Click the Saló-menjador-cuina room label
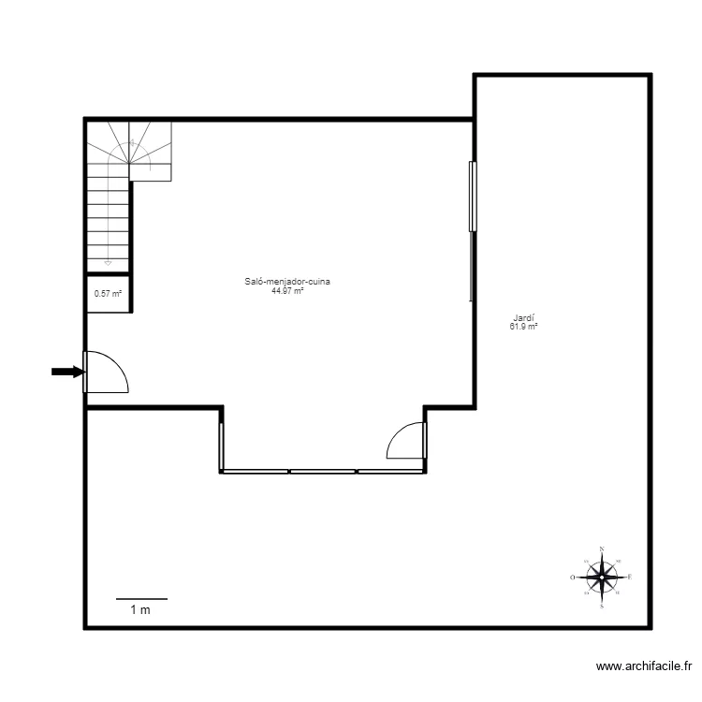[287, 282]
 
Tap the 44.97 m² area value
[287, 291]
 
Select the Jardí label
[523, 317]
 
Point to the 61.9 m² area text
[523, 327]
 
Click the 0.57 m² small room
[108, 293]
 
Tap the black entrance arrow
[66, 372]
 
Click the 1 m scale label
[140, 610]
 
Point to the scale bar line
[141, 598]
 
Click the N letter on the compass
[601, 549]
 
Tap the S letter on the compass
[601, 607]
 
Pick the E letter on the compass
[630, 578]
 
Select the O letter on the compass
[572, 578]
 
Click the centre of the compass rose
[601, 578]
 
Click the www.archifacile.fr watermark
[643, 666]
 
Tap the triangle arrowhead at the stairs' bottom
[109, 263]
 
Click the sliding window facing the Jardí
[473, 196]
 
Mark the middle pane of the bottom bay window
[324, 471]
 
